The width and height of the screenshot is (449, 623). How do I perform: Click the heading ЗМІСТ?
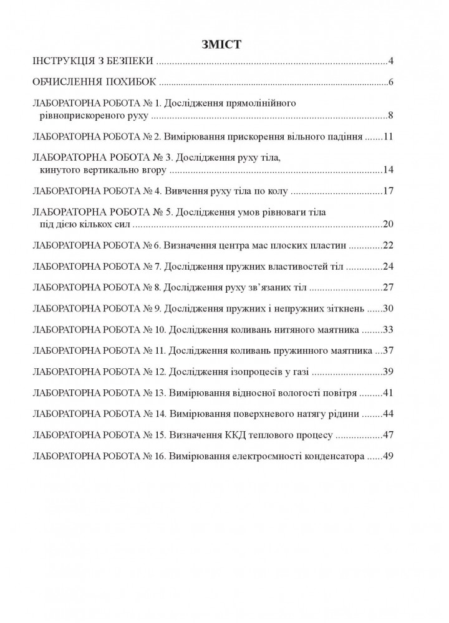(222, 44)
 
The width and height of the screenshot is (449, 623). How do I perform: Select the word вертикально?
(103, 170)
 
